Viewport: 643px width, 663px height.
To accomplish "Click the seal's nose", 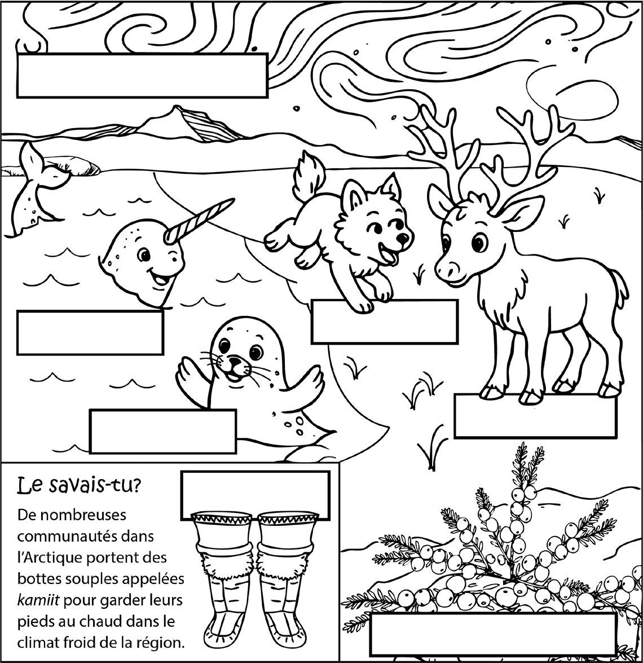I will click(x=234, y=360).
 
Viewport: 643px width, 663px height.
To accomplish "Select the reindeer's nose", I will click(x=443, y=270).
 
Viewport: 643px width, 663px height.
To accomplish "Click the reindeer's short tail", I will click(x=620, y=287).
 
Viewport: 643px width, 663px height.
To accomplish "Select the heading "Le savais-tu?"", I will click(x=78, y=485).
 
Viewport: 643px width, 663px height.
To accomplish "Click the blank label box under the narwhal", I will click(x=90, y=332).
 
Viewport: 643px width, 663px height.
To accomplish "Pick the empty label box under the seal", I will click(x=162, y=431).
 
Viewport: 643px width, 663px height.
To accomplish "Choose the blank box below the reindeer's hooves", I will click(x=534, y=416).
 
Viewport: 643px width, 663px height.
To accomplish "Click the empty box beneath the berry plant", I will click(x=492, y=634).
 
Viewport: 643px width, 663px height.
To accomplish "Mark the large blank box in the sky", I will click(x=142, y=76).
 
